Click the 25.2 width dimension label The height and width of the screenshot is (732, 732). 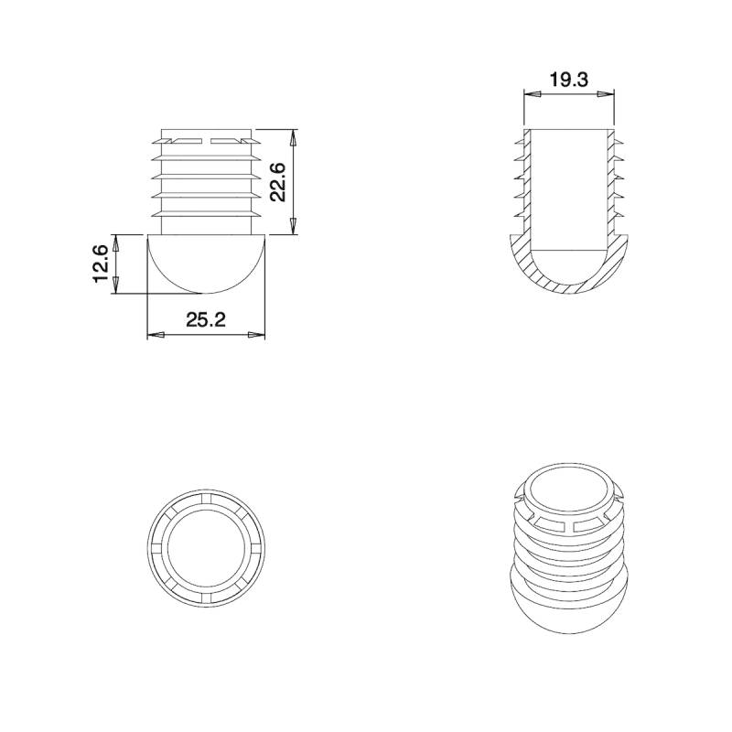206,320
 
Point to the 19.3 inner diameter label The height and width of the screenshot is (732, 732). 568,80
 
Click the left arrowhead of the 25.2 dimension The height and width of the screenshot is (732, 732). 155,337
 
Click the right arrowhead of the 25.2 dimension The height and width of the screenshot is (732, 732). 258,337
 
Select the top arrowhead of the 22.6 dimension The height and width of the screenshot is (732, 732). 294,136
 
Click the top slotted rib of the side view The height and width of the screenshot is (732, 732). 206,141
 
